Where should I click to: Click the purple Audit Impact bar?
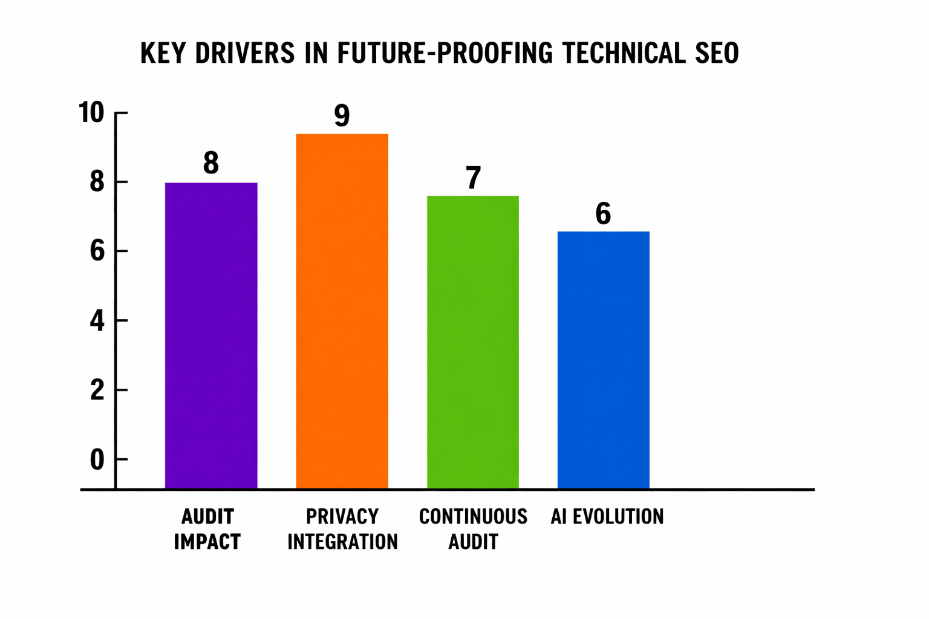coord(211,335)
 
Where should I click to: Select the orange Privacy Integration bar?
coord(342,311)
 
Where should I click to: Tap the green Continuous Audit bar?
coord(473,342)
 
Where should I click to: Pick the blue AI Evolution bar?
coord(603,360)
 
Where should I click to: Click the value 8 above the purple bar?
coord(211,163)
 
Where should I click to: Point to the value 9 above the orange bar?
coord(342,115)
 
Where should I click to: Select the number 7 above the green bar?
coord(473,178)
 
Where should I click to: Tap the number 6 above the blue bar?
coord(603,214)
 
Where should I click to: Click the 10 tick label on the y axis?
coord(91,113)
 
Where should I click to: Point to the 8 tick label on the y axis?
coord(97,182)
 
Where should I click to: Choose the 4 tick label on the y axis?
coord(97,321)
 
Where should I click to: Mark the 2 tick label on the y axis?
coord(97,391)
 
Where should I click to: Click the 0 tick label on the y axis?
coord(97,460)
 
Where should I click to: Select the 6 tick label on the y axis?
coord(97,251)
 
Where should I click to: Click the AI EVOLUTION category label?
coord(607,517)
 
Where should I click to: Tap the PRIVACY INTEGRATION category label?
coord(342,529)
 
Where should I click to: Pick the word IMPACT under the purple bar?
coord(207,542)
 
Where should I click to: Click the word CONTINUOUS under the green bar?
coord(473,517)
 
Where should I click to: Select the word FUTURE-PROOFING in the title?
coord(445,53)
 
